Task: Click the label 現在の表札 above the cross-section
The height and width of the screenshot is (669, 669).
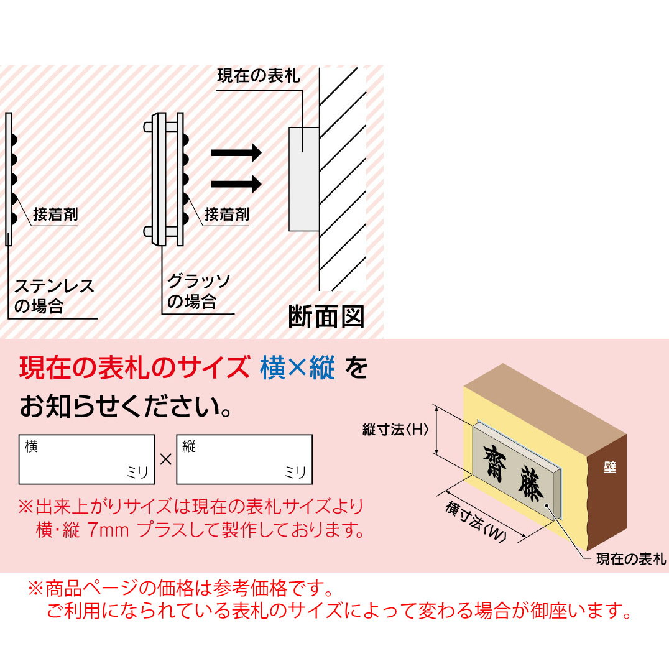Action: tap(258, 76)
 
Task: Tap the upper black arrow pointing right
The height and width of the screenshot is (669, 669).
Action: tap(236, 152)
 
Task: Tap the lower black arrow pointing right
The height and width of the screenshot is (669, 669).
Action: tap(236, 183)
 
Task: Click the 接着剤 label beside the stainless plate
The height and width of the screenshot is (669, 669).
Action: tap(55, 215)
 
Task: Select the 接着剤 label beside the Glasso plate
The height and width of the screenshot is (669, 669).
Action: tap(227, 215)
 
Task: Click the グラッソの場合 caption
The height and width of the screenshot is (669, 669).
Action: tap(198, 292)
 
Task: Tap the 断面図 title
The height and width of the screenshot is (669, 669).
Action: tap(326, 317)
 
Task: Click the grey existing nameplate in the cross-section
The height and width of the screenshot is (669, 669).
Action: tap(304, 178)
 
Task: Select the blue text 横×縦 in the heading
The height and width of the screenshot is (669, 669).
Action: tap(297, 369)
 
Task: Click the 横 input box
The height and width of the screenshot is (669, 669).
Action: tap(86, 459)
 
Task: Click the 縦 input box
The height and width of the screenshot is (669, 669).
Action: tap(244, 459)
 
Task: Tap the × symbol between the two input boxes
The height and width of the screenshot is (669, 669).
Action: tap(165, 460)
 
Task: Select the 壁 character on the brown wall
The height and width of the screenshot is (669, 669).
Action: tap(609, 468)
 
